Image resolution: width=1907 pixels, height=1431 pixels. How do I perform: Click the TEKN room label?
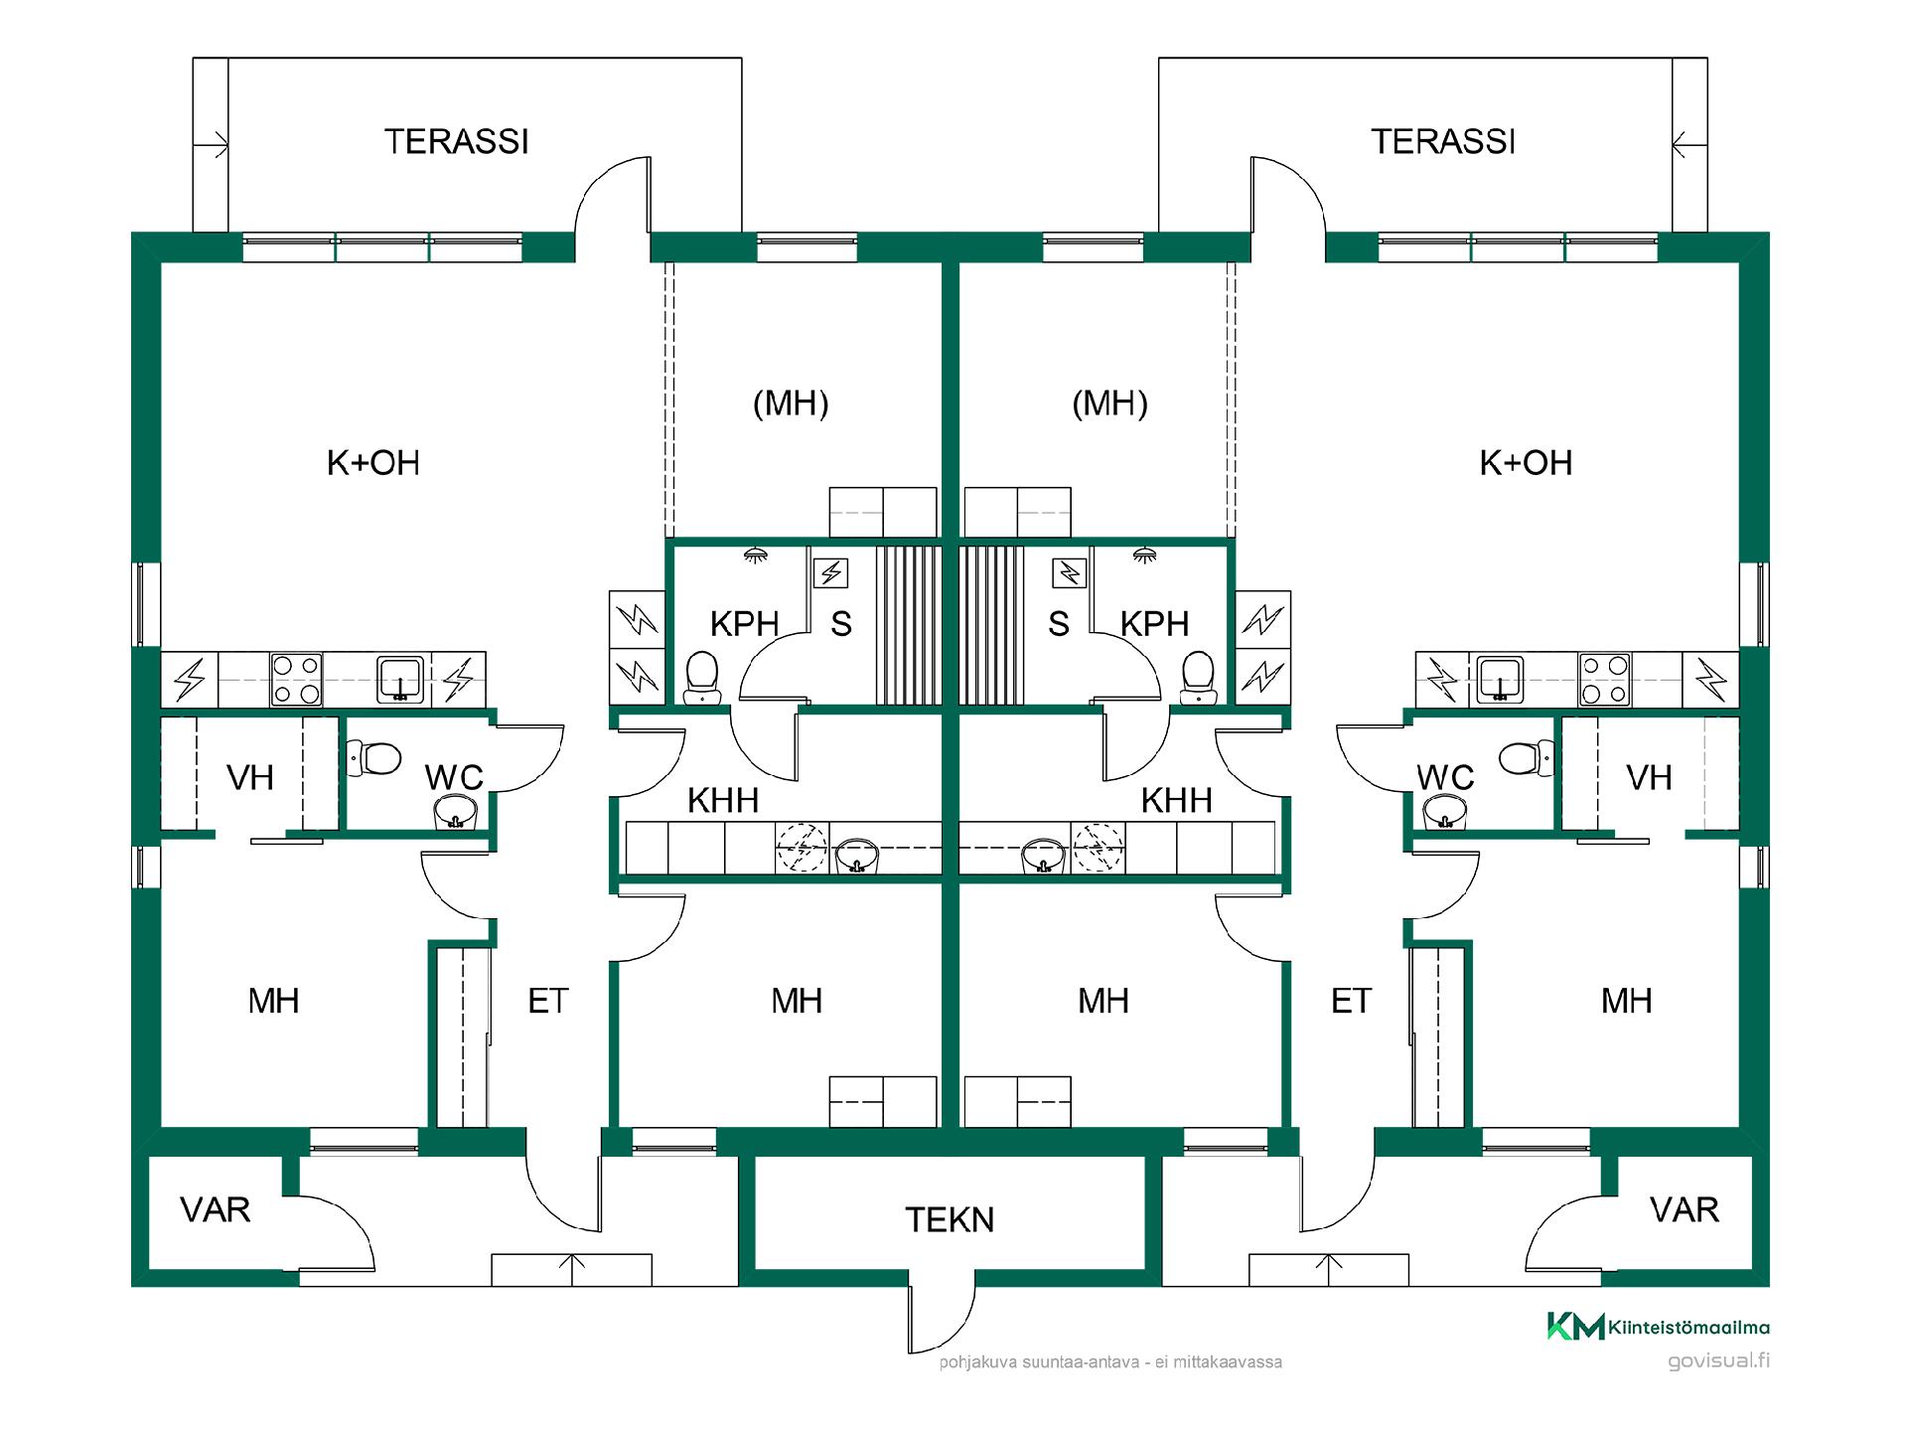pyautogui.click(x=950, y=1220)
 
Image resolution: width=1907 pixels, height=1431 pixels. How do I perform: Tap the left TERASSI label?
pyautogui.click(x=457, y=142)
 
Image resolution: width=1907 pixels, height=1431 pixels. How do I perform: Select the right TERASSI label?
pyautogui.click(x=1443, y=142)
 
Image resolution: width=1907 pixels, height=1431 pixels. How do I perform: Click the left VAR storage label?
pyautogui.click(x=215, y=1210)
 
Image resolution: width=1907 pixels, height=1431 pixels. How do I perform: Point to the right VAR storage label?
pyautogui.click(x=1684, y=1210)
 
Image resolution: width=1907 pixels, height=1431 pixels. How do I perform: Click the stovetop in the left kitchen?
pyautogui.click(x=297, y=679)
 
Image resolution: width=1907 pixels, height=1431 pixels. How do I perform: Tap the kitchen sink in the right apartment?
pyautogui.click(x=1500, y=679)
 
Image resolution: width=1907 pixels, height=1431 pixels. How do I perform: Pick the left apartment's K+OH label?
pyautogui.click(x=373, y=463)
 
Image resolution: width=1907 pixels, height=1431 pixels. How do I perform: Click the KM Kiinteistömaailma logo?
pyautogui.click(x=1658, y=1327)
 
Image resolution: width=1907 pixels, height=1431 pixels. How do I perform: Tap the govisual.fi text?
pyautogui.click(x=1718, y=1361)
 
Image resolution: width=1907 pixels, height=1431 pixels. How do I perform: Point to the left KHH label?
pyautogui.click(x=723, y=801)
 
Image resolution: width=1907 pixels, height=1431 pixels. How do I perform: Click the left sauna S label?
pyautogui.click(x=841, y=624)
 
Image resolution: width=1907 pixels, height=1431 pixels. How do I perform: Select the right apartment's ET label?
pyautogui.click(x=1351, y=1002)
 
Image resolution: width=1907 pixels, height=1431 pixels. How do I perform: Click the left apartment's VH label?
pyautogui.click(x=250, y=778)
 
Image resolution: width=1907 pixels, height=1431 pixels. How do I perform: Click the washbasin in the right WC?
pyautogui.click(x=1442, y=815)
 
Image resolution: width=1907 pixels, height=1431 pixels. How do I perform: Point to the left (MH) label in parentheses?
pyautogui.click(x=791, y=403)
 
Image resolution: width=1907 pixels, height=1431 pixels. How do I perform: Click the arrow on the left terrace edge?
pyautogui.click(x=217, y=146)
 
